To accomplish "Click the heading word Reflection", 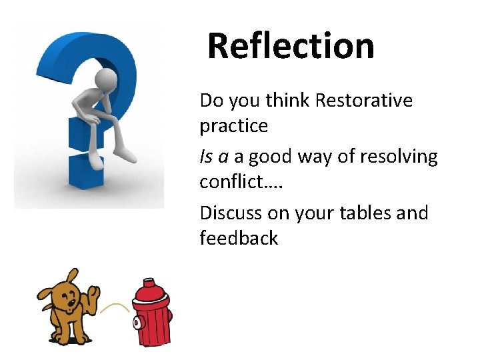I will (291, 46).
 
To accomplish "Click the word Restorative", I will (364, 101).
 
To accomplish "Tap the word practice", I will (233, 127).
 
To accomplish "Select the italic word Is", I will (205, 157).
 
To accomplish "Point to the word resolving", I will (399, 157).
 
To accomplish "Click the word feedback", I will (239, 238).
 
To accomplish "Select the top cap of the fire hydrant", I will (153, 285).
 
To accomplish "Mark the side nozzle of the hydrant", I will (137, 322).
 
